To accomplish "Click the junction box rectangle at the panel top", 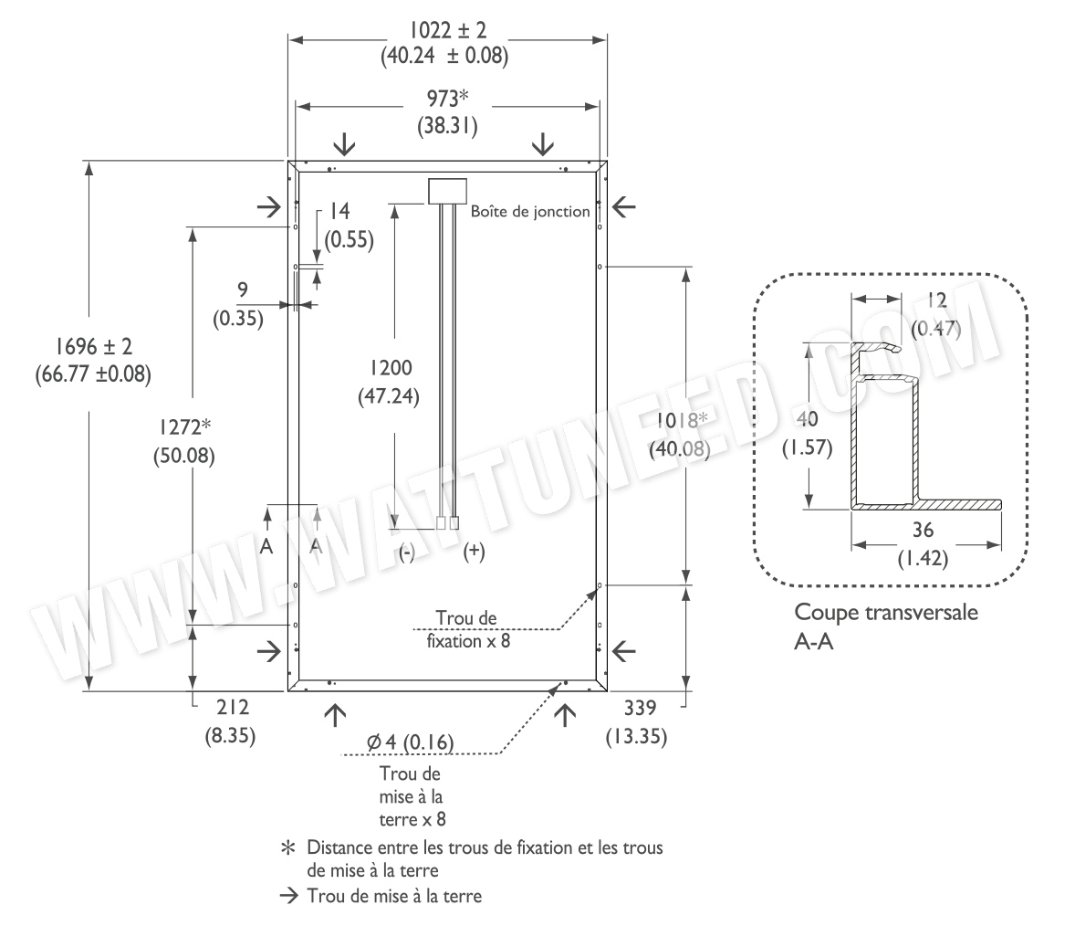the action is tap(448, 191).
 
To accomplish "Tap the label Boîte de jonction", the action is tap(530, 211).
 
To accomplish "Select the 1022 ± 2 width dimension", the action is tap(448, 30).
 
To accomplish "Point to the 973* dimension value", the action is tap(448, 99).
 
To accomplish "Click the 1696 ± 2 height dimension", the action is tap(93, 346).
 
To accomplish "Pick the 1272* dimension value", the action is tap(184, 427).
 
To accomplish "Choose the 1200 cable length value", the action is tap(391, 368).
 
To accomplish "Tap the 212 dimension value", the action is tap(233, 707).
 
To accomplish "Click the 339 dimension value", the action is tap(640, 707).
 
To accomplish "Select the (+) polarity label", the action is tap(474, 551).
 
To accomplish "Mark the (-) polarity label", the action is tap(407, 552).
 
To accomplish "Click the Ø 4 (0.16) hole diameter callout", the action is tap(410, 742).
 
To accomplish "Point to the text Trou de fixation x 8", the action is tap(468, 630).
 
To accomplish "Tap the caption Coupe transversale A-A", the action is tap(886, 626).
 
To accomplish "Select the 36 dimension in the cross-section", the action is tap(923, 530).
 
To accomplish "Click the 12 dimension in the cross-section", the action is tap(936, 300).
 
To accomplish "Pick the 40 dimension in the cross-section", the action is tap(808, 418).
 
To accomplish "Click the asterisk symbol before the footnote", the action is tap(288, 847).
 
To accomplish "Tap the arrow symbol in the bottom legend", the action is tap(289, 896).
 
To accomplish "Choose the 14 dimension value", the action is tap(339, 211).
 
